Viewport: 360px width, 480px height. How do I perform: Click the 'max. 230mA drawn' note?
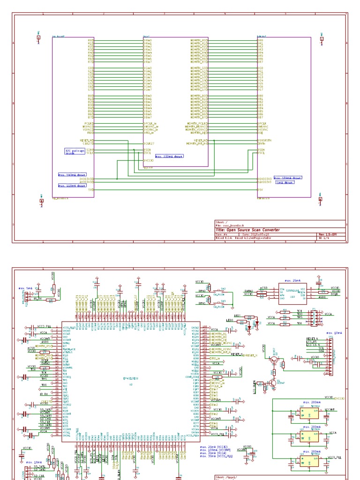click(x=169, y=157)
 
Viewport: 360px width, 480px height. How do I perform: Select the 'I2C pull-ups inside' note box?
click(x=75, y=151)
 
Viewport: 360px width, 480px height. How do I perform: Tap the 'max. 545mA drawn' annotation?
click(x=72, y=174)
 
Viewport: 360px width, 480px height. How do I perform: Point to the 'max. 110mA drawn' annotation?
click(x=72, y=186)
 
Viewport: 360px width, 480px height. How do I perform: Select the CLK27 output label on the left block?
click(x=89, y=143)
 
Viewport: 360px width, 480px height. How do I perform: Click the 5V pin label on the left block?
click(x=91, y=190)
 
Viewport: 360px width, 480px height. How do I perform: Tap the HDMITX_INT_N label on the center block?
click(x=197, y=143)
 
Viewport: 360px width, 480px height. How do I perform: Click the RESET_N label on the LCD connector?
click(x=312, y=338)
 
